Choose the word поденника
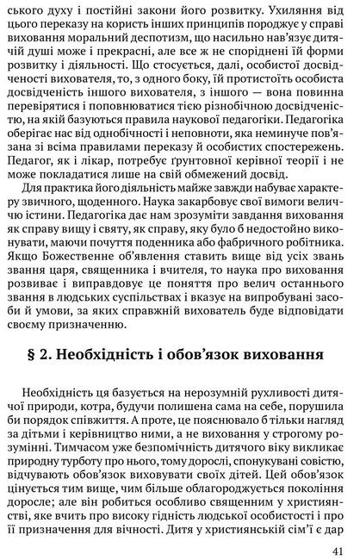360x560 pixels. coord(154,237)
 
